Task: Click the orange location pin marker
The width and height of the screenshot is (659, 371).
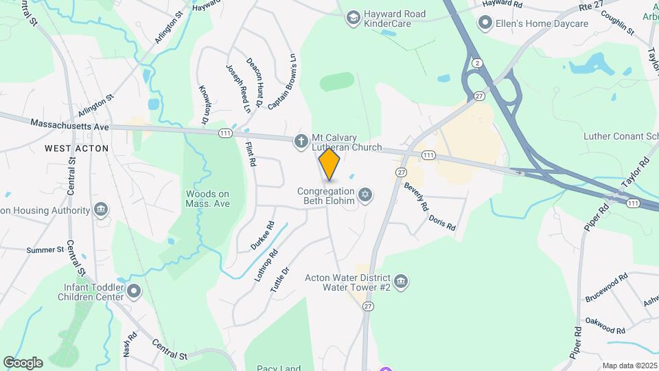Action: [x=329, y=164]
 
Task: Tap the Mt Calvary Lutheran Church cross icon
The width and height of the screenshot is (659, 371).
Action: [x=301, y=142]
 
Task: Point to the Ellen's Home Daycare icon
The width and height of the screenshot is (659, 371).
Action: [x=486, y=24]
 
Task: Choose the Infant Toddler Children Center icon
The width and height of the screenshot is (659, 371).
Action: [x=135, y=292]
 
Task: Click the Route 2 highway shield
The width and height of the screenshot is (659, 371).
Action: [x=476, y=63]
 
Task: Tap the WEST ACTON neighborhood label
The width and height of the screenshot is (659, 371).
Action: [x=77, y=148]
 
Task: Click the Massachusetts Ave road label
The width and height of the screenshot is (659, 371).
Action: [x=70, y=124]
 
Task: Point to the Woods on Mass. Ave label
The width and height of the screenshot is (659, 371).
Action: [x=207, y=199]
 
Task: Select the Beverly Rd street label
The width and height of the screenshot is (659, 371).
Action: [x=417, y=196]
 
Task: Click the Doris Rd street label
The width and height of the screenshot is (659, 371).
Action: [x=441, y=222]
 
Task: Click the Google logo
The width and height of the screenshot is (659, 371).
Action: [x=23, y=362]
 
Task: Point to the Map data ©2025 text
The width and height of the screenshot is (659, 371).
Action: [x=629, y=366]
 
